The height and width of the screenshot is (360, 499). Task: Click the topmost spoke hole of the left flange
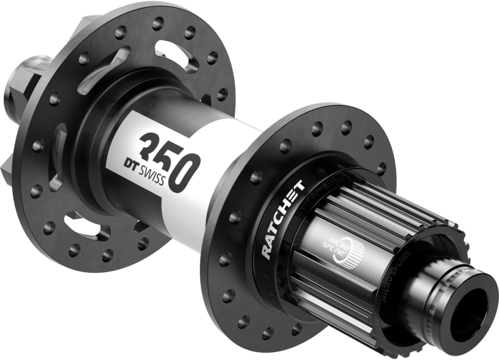point(158,23)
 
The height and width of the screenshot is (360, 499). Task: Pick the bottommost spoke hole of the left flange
point(107,257)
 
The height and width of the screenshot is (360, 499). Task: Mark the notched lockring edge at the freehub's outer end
point(452,244)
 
